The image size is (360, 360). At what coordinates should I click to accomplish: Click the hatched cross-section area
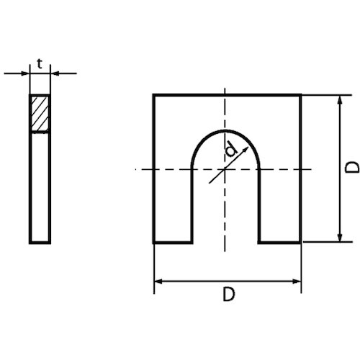coord(40,114)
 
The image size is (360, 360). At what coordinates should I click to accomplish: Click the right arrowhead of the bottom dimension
coord(297,280)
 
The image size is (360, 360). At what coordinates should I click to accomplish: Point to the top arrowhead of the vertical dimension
coord(338,99)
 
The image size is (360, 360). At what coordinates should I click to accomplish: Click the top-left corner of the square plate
coord(154,95)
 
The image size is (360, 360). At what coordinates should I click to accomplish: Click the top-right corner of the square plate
coord(300,95)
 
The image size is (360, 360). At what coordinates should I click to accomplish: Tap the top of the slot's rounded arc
coord(226,131)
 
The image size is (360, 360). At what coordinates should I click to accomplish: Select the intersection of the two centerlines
coord(226,168)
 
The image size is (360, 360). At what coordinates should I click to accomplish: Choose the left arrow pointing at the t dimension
coord(25,73)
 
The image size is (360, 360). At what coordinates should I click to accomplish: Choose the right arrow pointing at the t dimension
coord(55,73)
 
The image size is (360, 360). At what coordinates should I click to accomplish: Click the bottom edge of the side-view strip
coord(40,242)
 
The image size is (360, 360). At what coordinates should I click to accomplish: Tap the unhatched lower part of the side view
coord(40,187)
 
